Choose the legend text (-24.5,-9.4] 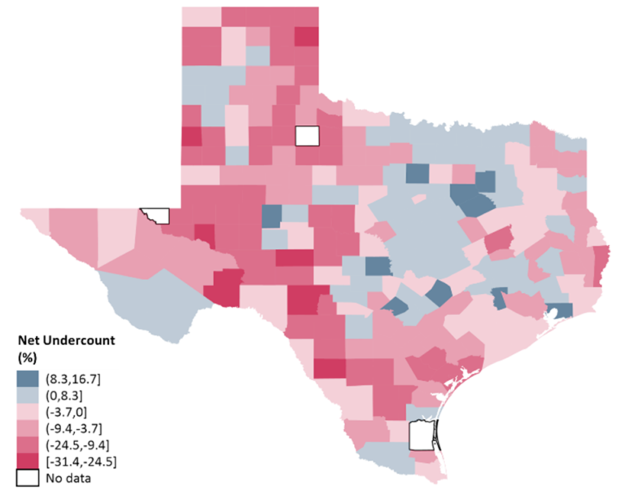pyautogui.click(x=79, y=444)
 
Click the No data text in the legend pyautogui.click(x=69, y=479)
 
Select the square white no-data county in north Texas pyautogui.click(x=308, y=135)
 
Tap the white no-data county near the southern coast pyautogui.click(x=420, y=436)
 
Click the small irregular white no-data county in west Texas pyautogui.click(x=155, y=215)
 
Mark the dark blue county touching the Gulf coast pyautogui.click(x=560, y=311)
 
